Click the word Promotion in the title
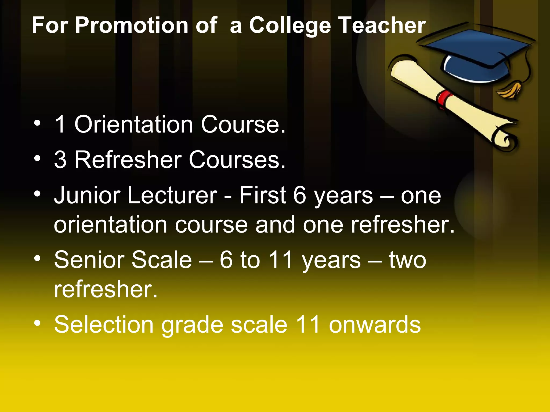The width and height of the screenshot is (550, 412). (131, 25)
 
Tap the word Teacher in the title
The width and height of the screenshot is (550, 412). (382, 25)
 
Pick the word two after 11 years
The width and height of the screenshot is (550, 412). (407, 260)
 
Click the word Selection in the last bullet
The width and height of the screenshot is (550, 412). (104, 325)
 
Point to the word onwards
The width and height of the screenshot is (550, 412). (375, 325)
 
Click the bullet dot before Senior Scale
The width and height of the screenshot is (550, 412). (38, 258)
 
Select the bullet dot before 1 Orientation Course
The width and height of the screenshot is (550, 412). (38, 123)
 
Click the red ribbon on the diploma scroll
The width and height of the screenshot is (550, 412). (444, 98)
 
